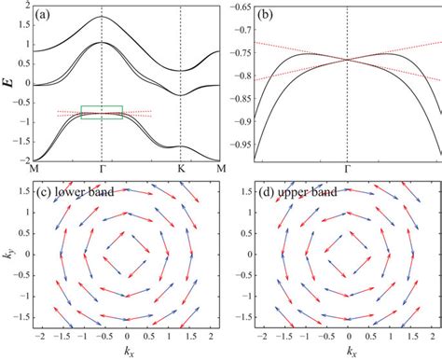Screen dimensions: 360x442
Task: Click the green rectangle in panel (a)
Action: pyautogui.click(x=102, y=112)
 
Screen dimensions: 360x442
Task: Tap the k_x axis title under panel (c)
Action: pyautogui.click(x=126, y=353)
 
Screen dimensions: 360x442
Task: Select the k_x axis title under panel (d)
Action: pyautogui.click(x=349, y=353)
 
